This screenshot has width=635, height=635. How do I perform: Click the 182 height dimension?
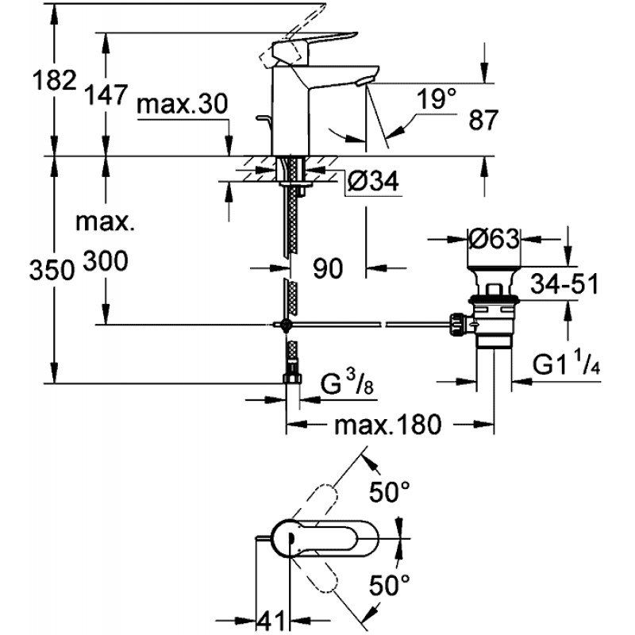coord(54,80)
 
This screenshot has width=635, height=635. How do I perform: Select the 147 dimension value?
coord(106,94)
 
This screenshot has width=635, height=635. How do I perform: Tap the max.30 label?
coord(183,104)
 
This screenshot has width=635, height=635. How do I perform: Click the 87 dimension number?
coord(483,120)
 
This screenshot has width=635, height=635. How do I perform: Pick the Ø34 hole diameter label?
coord(372,181)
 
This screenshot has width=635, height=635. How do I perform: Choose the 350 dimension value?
coord(52,270)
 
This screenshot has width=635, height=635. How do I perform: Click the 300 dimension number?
coord(106,261)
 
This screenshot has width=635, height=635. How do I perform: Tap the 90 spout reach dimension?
coord(328,268)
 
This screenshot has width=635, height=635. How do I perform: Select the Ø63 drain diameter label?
coord(494,239)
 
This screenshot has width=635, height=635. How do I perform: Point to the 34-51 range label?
coord(564,283)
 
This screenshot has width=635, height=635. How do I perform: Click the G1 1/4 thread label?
coord(566,364)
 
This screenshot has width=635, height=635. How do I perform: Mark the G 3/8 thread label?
coord(347,384)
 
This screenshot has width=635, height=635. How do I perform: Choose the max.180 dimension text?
coord(387,425)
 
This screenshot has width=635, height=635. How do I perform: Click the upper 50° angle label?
coord(390,491)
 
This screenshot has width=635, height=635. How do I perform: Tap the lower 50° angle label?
coord(390,585)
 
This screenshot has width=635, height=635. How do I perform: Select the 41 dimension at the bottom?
coord(271,620)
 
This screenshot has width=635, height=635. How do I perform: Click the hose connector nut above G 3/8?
coord(292,379)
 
